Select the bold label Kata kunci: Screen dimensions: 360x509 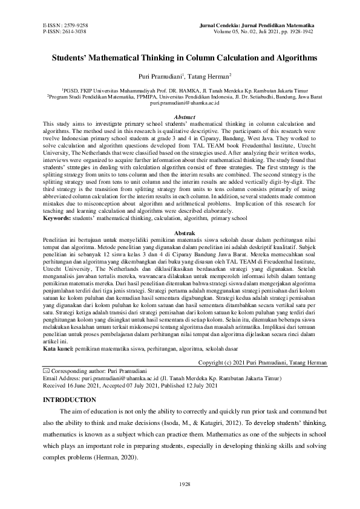[59, 348]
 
